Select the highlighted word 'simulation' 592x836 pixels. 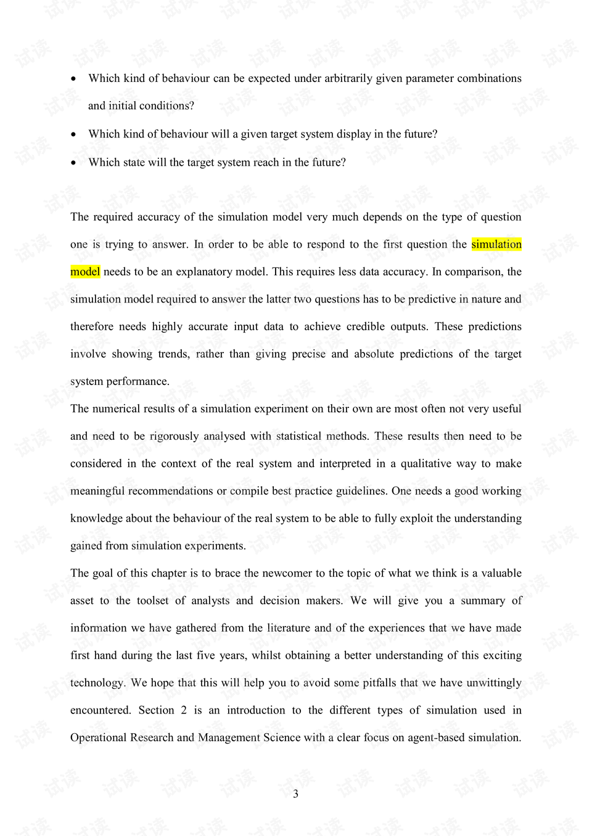pos(496,244)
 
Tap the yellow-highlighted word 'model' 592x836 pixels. pos(85,272)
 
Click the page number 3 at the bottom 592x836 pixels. pos(295,793)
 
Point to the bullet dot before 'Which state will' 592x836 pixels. pos(73,163)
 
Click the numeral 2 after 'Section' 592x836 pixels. pos(184,710)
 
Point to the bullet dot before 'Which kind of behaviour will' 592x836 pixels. pos(73,134)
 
